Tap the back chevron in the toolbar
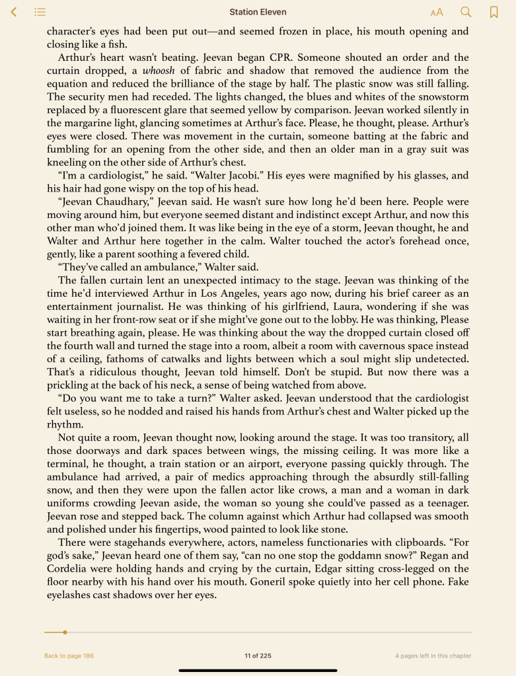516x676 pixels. [14, 12]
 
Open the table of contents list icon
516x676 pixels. [40, 12]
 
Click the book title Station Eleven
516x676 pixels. [258, 12]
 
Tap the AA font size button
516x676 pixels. [437, 12]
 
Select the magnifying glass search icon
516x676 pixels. [466, 12]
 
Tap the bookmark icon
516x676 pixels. [494, 12]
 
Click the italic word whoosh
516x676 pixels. [159, 71]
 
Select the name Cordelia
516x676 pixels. [70, 568]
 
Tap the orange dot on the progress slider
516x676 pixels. [65, 632]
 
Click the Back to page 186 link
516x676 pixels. [69, 656]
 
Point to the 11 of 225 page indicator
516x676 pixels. [258, 656]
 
